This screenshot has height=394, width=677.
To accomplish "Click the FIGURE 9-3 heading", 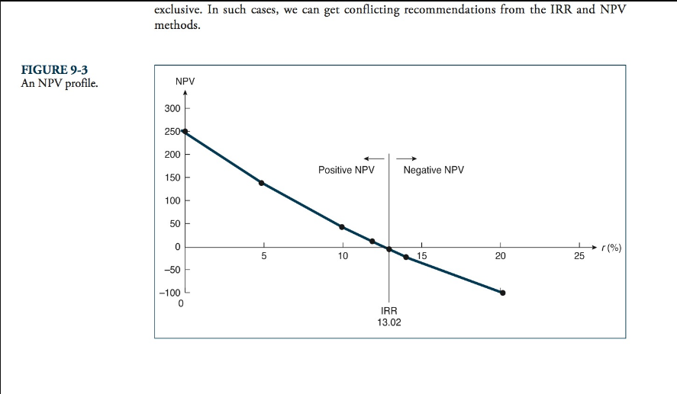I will [50, 70].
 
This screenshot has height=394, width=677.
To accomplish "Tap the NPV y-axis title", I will [184, 82].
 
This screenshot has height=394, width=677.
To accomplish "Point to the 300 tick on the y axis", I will [172, 109].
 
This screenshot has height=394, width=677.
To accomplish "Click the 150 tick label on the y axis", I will [172, 178].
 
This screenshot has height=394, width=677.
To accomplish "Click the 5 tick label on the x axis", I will [264, 257].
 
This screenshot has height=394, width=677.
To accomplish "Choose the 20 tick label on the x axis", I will [501, 257].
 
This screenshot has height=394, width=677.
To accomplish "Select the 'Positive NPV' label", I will [347, 170].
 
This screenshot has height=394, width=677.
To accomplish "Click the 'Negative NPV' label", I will [434, 170].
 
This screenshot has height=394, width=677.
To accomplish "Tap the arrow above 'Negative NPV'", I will [406, 159].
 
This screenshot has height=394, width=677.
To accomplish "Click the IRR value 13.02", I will [390, 322].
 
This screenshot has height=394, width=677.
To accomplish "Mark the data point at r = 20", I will [502, 293].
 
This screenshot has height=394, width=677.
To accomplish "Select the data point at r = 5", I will [261, 183].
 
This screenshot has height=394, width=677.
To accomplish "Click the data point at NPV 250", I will [185, 132].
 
